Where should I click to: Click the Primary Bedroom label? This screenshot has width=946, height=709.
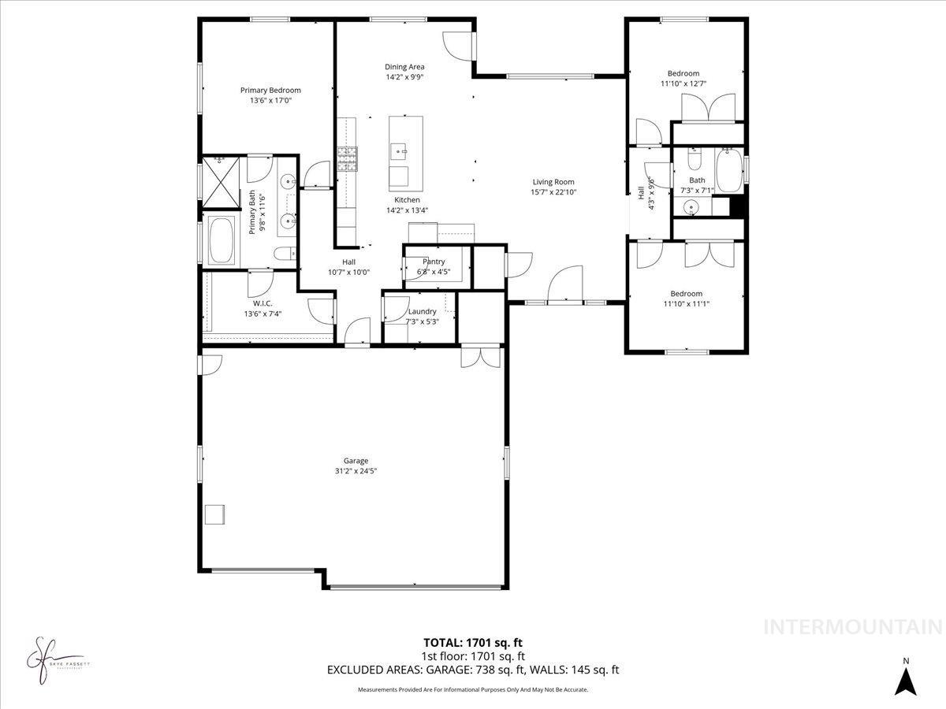click(x=270, y=90)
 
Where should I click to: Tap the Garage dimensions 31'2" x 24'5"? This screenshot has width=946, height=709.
click(x=356, y=471)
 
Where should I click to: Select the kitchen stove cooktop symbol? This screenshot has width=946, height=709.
click(x=348, y=159)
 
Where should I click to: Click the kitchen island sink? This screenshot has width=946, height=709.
click(x=400, y=149)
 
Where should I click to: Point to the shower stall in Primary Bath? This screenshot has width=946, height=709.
click(x=221, y=180)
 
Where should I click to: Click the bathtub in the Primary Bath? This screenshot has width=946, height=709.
click(x=222, y=240)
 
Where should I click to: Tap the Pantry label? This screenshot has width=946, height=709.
click(x=434, y=262)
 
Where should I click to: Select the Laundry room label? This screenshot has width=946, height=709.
click(x=422, y=311)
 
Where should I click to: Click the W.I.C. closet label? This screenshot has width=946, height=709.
click(x=263, y=303)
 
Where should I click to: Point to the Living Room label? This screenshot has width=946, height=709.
click(x=553, y=182)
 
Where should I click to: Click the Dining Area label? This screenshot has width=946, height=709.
click(x=404, y=67)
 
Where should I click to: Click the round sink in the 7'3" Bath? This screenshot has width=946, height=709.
click(x=691, y=208)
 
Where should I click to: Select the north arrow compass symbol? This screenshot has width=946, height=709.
click(x=907, y=679)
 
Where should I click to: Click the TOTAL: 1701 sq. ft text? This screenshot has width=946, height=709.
click(x=473, y=643)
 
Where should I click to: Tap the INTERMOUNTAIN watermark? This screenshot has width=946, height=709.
click(x=853, y=627)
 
